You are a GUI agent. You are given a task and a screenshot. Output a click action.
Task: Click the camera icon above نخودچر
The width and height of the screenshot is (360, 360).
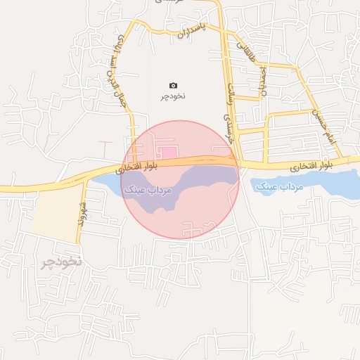click(174, 85)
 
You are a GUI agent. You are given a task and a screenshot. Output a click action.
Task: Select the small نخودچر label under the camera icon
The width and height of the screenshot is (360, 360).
click(174, 95)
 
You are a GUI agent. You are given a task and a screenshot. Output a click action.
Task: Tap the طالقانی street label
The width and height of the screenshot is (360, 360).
click(247, 53)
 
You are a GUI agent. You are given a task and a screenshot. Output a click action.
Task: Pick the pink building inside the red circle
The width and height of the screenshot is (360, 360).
click(168, 153)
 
